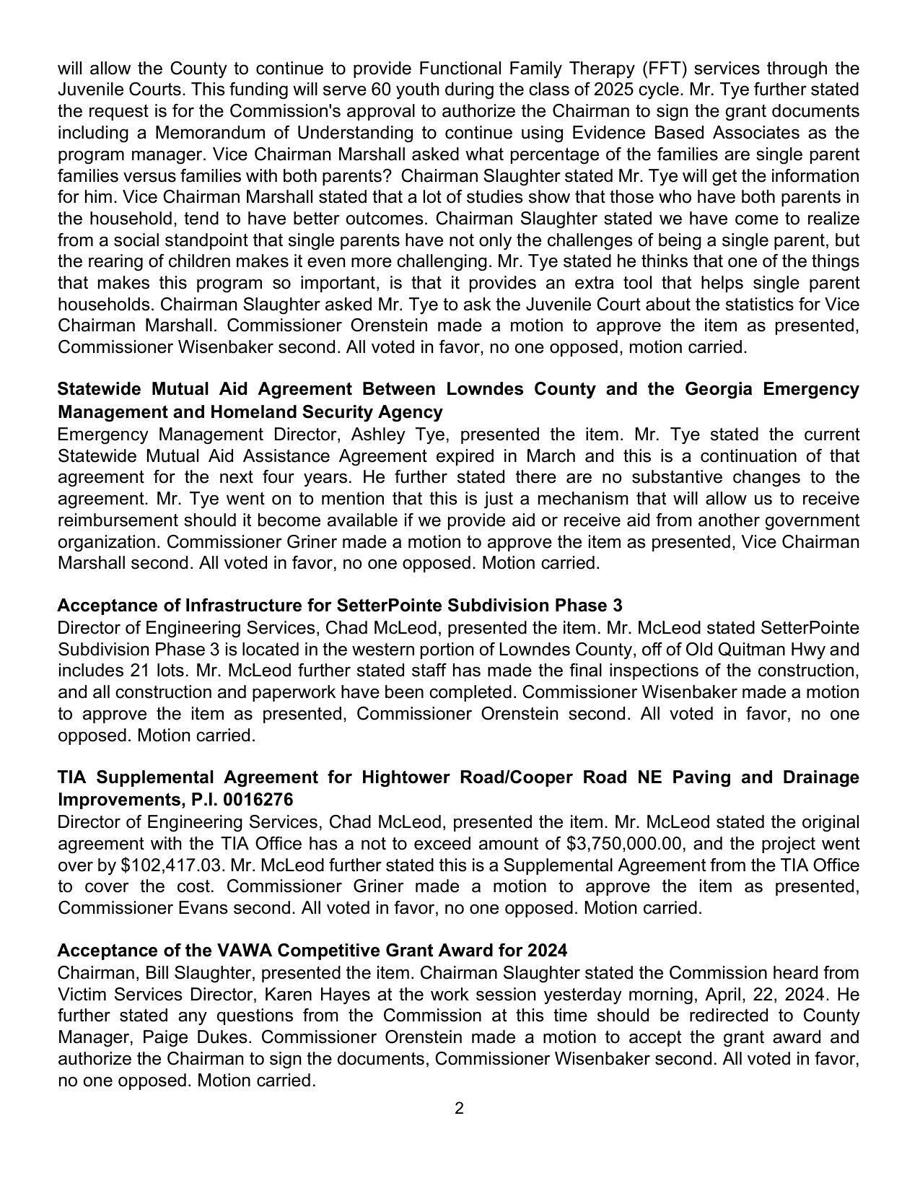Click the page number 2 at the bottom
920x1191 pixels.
[x=459, y=1108]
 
